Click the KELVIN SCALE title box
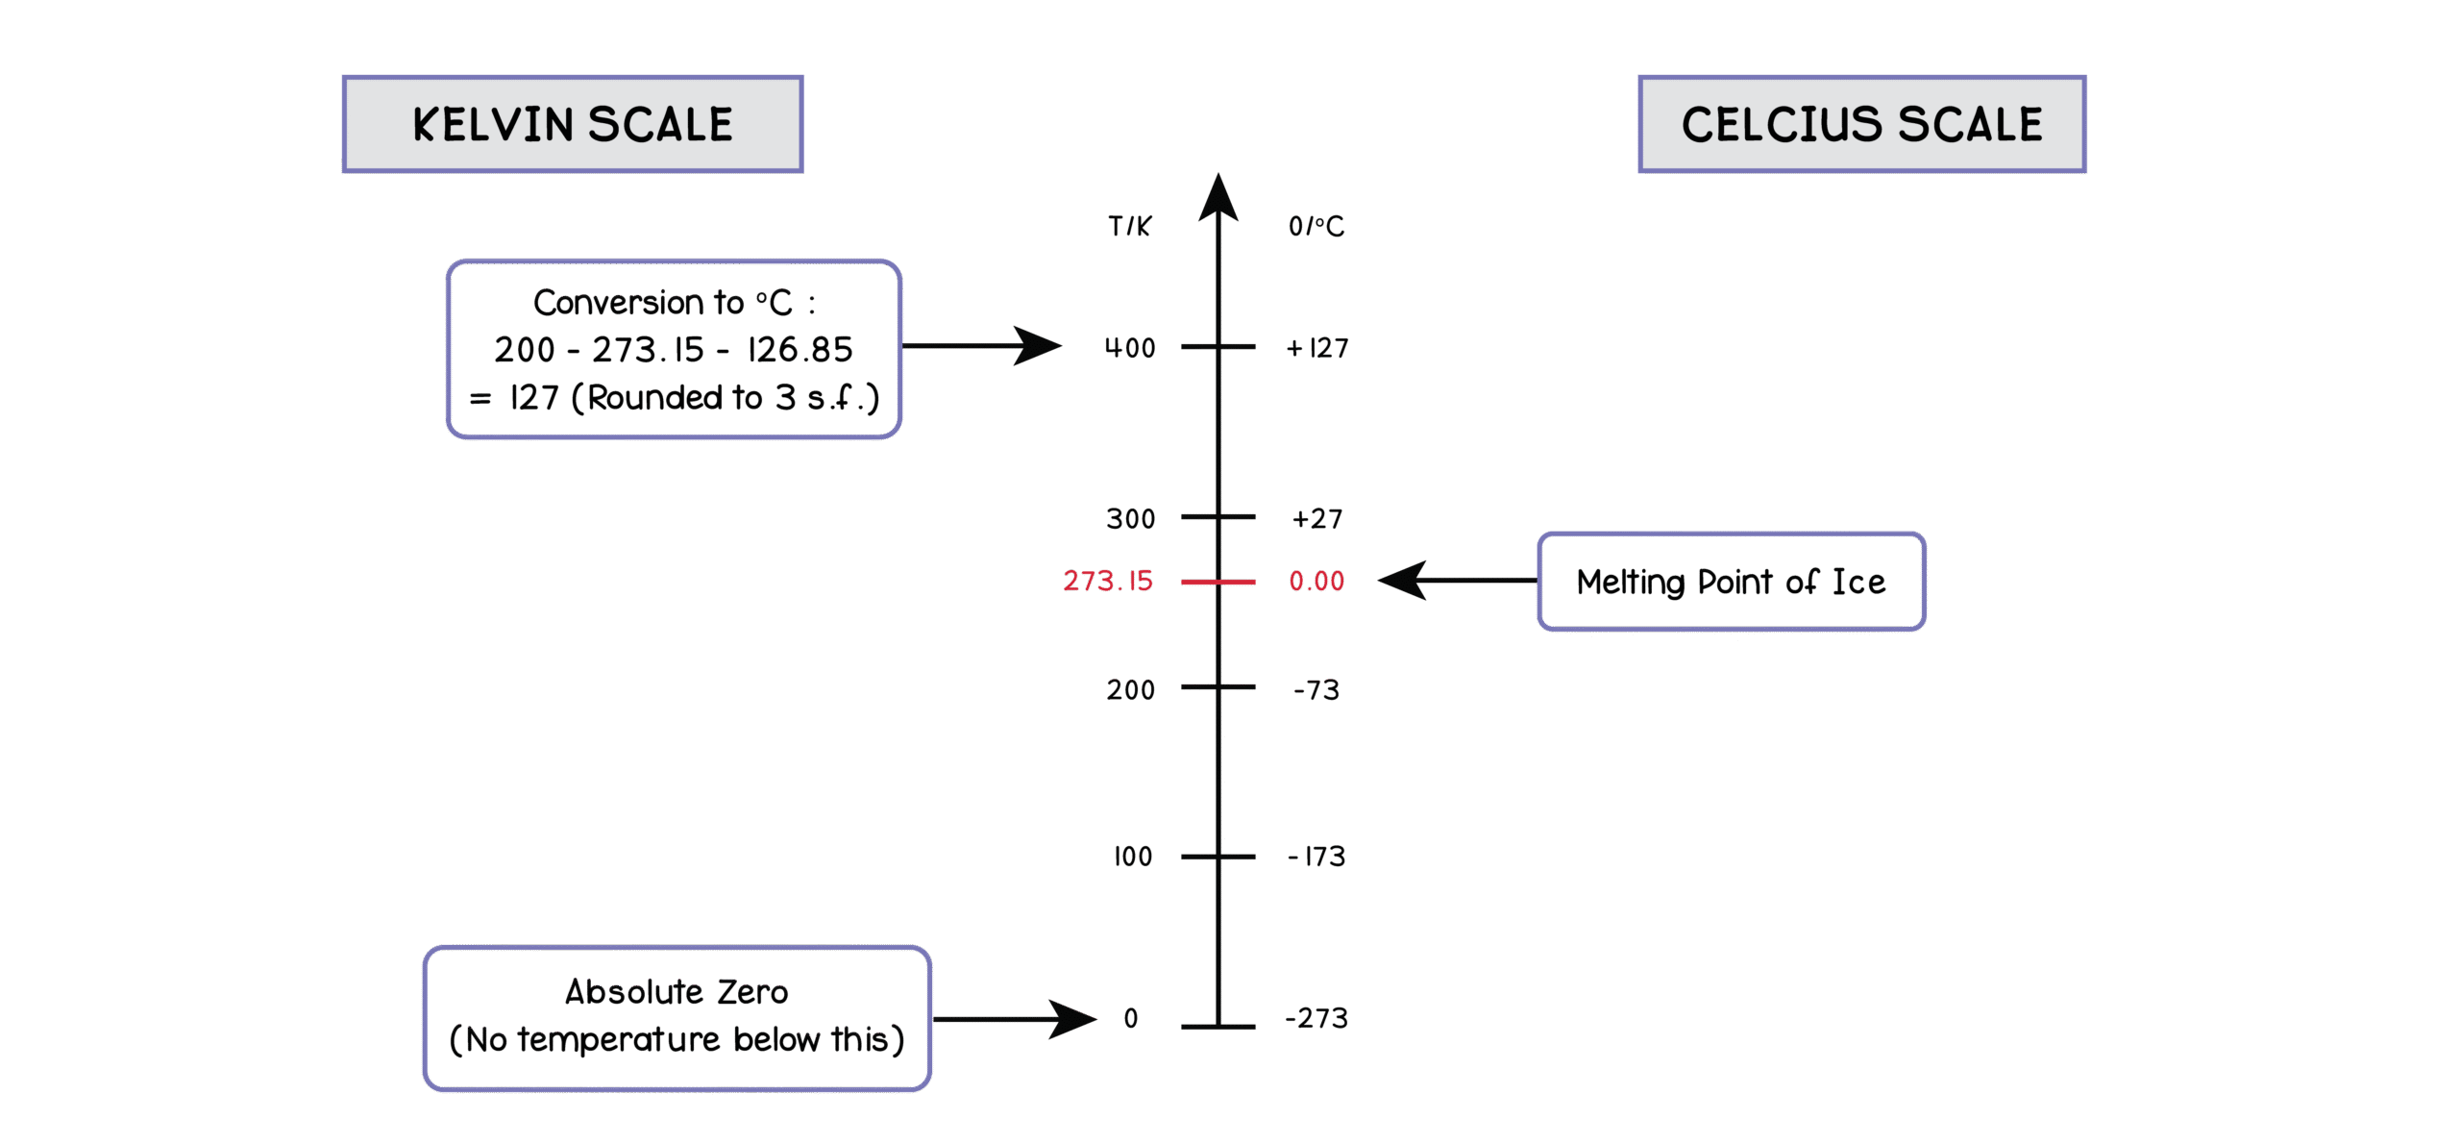[x=573, y=124]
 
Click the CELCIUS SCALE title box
[x=1861, y=124]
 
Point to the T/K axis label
[x=1129, y=226]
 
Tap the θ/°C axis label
[x=1316, y=226]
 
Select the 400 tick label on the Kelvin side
[x=1130, y=347]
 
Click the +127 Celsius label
[x=1317, y=347]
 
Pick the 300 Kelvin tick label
[x=1130, y=518]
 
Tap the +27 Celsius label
[x=1317, y=518]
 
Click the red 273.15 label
[x=1108, y=581]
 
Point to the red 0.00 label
[x=1316, y=581]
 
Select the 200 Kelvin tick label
[x=1130, y=689]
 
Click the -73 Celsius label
[x=1316, y=689]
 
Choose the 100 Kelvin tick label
[x=1133, y=856]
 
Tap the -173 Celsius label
[x=1316, y=856]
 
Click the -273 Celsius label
[x=1316, y=1017]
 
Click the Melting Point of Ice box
[x=1731, y=581]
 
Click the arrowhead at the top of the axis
[x=1218, y=197]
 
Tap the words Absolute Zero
[x=676, y=992]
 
